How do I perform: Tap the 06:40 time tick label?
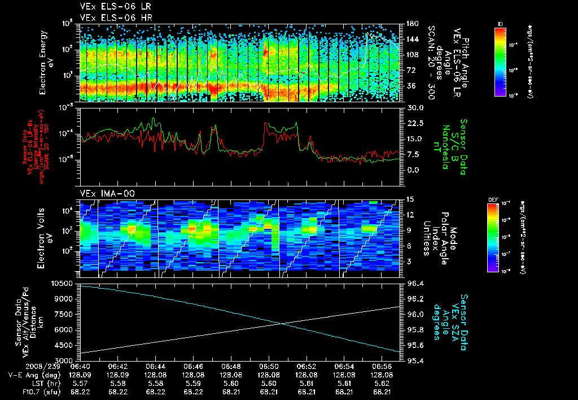click(x=80, y=366)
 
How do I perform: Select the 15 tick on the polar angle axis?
click(x=410, y=199)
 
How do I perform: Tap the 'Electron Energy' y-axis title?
click(x=45, y=62)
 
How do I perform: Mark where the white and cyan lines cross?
click(x=282, y=323)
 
